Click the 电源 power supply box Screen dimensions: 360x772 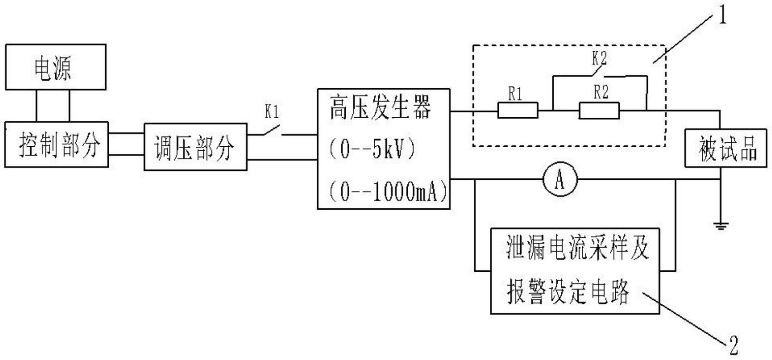click(x=55, y=67)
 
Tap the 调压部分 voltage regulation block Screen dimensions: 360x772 click(x=195, y=147)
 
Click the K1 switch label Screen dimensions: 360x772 click(x=272, y=112)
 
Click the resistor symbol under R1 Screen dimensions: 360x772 click(x=518, y=110)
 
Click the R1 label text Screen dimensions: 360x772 click(x=515, y=94)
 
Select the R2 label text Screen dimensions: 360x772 click(x=601, y=92)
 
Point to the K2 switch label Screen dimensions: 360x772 click(x=599, y=58)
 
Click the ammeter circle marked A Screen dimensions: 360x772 click(x=560, y=180)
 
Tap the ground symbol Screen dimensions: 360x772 click(x=720, y=225)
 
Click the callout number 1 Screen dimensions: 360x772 click(x=722, y=17)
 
